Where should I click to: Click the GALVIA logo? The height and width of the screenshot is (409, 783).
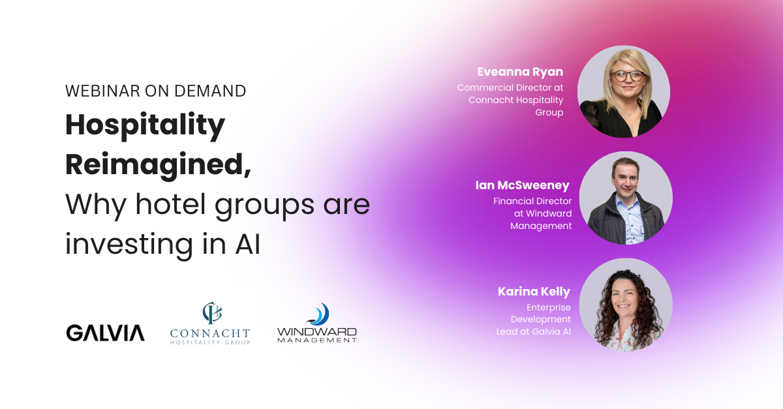105,333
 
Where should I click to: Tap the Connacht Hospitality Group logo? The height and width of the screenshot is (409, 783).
209,324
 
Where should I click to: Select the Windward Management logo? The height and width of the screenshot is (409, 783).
317,324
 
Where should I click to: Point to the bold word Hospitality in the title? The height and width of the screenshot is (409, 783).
145,125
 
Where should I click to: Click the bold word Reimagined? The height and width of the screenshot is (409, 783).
157,164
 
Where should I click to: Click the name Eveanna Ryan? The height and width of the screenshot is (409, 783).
520,72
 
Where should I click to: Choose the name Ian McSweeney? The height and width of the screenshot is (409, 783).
523,186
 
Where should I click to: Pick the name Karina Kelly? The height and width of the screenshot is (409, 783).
534,292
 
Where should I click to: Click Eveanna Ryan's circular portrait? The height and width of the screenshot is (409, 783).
624,92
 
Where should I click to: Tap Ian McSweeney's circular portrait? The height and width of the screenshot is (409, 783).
626,198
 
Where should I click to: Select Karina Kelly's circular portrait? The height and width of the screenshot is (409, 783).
626,305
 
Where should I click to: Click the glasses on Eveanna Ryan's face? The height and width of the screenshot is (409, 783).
625,76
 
